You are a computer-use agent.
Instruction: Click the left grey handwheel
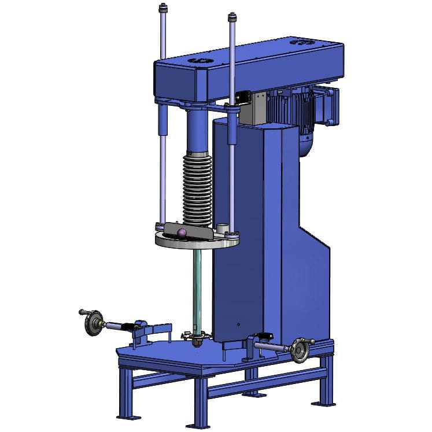(92, 323)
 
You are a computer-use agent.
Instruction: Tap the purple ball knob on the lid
(182, 233)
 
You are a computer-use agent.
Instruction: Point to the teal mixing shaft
(197, 289)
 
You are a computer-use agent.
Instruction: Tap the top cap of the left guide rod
(163, 8)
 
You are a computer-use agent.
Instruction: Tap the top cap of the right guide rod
(232, 16)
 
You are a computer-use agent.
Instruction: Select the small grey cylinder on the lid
(220, 228)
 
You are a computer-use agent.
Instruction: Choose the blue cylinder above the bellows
(197, 130)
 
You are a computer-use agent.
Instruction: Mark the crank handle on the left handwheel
(83, 312)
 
